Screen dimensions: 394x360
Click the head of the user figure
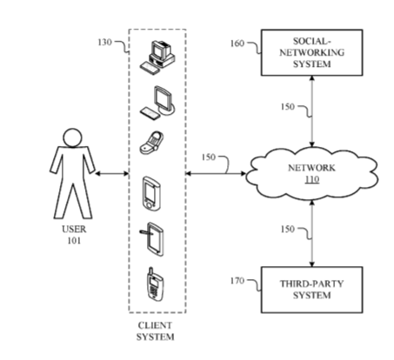[72, 137]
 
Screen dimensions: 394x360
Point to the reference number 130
[104, 43]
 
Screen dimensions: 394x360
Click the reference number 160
[237, 43]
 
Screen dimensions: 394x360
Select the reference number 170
[237, 281]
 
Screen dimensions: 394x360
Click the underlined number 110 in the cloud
[312, 180]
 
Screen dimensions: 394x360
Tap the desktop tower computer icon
[157, 58]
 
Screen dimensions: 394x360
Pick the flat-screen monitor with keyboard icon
[157, 103]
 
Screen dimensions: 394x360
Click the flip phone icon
[151, 143]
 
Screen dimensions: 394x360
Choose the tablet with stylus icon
[152, 239]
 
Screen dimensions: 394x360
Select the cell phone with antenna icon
[155, 284]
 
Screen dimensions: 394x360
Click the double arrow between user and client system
[111, 174]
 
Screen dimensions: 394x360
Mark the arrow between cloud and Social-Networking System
[312, 111]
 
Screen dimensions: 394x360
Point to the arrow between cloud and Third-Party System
[312, 233]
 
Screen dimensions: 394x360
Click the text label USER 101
[74, 235]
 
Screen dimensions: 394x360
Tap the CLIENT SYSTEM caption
[155, 331]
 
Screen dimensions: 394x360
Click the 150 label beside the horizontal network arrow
[209, 157]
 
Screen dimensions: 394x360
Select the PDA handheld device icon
[151, 193]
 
